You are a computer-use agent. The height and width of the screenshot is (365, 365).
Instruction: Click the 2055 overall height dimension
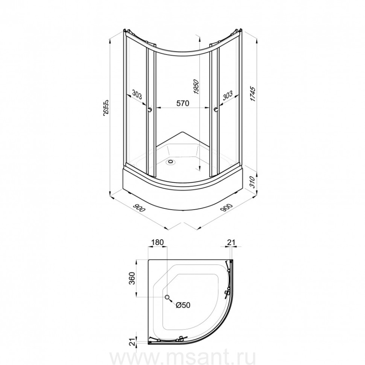click(x=106, y=107)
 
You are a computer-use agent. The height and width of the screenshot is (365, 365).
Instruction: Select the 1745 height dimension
click(x=253, y=94)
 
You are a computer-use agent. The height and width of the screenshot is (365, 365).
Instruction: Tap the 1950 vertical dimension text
click(x=196, y=87)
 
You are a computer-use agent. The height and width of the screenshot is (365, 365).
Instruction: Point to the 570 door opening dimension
click(x=183, y=103)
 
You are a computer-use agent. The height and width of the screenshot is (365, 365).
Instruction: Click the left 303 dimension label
click(x=137, y=94)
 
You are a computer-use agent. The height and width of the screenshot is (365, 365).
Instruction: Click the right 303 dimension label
click(x=228, y=95)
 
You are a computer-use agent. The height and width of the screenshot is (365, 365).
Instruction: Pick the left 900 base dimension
click(x=139, y=208)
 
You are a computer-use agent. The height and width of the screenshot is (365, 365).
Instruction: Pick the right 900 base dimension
click(x=226, y=208)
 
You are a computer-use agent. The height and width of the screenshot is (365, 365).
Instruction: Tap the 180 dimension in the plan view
click(x=158, y=242)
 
